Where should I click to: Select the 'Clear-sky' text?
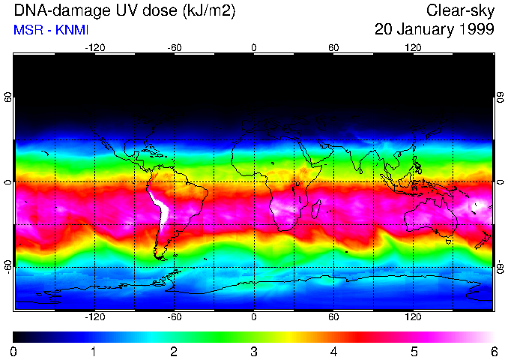click(x=460, y=11)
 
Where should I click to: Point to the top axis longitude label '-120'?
click(x=94, y=47)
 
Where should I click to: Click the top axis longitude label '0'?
click(x=254, y=47)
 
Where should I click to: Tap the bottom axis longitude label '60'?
click(x=333, y=316)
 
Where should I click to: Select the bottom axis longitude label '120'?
click(x=414, y=316)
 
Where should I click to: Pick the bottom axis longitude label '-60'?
click(x=174, y=316)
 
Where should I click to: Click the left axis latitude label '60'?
click(x=8, y=99)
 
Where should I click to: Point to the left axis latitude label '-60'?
click(x=8, y=265)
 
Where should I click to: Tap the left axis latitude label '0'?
click(x=8, y=182)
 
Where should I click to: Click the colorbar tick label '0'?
click(x=14, y=351)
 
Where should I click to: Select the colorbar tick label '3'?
click(x=254, y=351)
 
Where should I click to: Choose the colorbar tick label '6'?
click(x=493, y=351)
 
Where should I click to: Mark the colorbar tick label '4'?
click(x=333, y=351)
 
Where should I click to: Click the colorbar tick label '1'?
click(x=94, y=351)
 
